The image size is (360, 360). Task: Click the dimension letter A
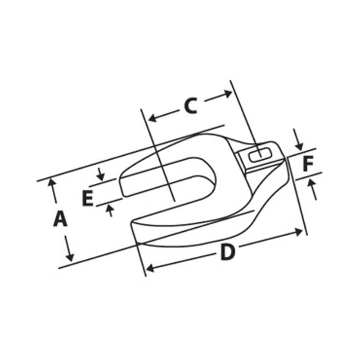coord(60,220)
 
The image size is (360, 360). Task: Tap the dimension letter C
coord(190,106)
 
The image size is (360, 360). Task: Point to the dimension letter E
coord(88,198)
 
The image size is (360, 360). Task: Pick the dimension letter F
coord(307,164)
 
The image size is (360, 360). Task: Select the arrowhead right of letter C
coord(228,94)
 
